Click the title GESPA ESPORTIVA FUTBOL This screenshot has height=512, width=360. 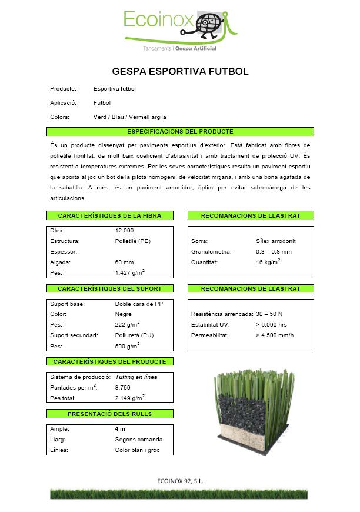pyautogui.click(x=180, y=72)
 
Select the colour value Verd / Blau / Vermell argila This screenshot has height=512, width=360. pyautogui.click(x=129, y=117)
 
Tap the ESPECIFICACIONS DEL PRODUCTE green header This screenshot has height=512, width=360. pyautogui.click(x=180, y=132)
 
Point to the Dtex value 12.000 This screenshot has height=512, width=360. pyautogui.click(x=125, y=231)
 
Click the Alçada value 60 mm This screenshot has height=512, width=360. pyautogui.click(x=125, y=262)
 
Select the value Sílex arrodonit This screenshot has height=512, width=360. pyautogui.click(x=276, y=241)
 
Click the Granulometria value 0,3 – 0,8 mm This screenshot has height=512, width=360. pyautogui.click(x=274, y=252)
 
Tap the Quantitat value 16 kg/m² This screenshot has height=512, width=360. pyautogui.click(x=268, y=262)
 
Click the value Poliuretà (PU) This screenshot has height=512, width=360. pyautogui.click(x=135, y=335)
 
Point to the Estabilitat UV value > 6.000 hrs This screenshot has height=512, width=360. pyautogui.click(x=271, y=325)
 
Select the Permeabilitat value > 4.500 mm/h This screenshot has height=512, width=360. pyautogui.click(x=275, y=335)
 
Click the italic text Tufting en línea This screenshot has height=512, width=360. pyautogui.click(x=136, y=377)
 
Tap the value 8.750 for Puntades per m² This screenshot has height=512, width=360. pyautogui.click(x=123, y=387)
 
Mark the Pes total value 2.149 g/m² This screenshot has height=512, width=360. pyautogui.click(x=130, y=398)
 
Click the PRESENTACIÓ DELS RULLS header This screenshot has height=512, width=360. pyautogui.click(x=110, y=414)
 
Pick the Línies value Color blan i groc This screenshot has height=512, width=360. pyautogui.click(x=136, y=450)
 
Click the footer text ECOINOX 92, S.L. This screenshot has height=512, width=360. pyautogui.click(x=181, y=481)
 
